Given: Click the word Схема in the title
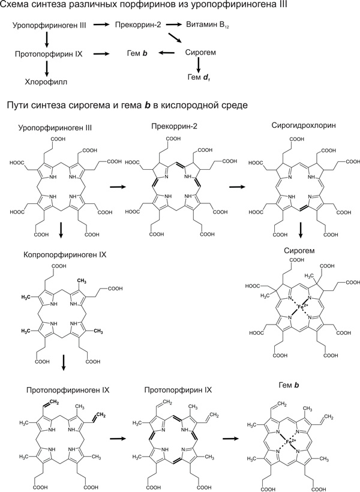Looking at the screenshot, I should pos(17,7).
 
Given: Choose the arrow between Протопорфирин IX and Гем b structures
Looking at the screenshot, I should pos(230,439).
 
